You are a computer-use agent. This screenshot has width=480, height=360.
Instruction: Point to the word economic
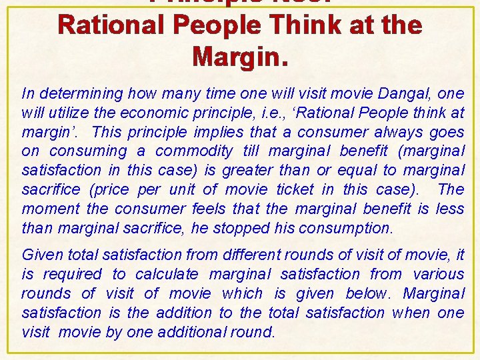(x=143, y=113)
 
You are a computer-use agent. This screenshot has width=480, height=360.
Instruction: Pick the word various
(x=438, y=274)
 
